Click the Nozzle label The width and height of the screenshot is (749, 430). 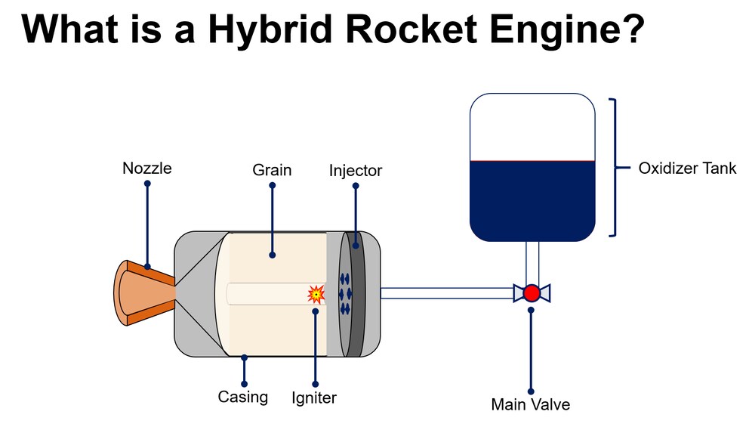pos(146,168)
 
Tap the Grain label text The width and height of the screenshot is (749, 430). pos(272,170)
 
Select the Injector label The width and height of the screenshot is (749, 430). pos(355,171)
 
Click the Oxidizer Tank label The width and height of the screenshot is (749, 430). pos(687,169)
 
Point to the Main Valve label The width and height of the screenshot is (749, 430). pos(530,404)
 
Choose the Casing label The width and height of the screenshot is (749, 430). pos(242,397)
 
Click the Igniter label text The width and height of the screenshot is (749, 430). pos(314,398)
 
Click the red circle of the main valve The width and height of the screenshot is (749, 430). pos(532,292)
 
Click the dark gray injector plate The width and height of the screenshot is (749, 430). pos(356,293)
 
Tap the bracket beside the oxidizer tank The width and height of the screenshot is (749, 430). pos(615,168)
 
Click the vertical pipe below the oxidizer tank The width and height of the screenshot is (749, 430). pos(532,261)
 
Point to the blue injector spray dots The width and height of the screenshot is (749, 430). pos(345,293)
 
